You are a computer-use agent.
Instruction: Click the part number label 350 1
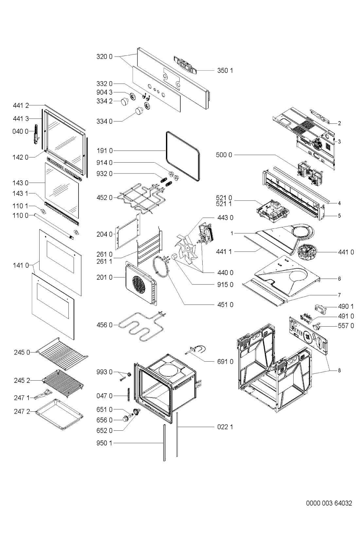pos(225,70)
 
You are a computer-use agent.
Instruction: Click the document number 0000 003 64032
pos(329,503)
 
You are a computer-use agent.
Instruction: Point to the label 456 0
pos(104,325)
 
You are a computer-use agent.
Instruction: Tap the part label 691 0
pos(225,362)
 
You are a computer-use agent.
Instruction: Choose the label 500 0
pos(224,154)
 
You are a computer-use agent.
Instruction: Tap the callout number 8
pos(339,370)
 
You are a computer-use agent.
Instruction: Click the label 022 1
pos(225,427)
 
